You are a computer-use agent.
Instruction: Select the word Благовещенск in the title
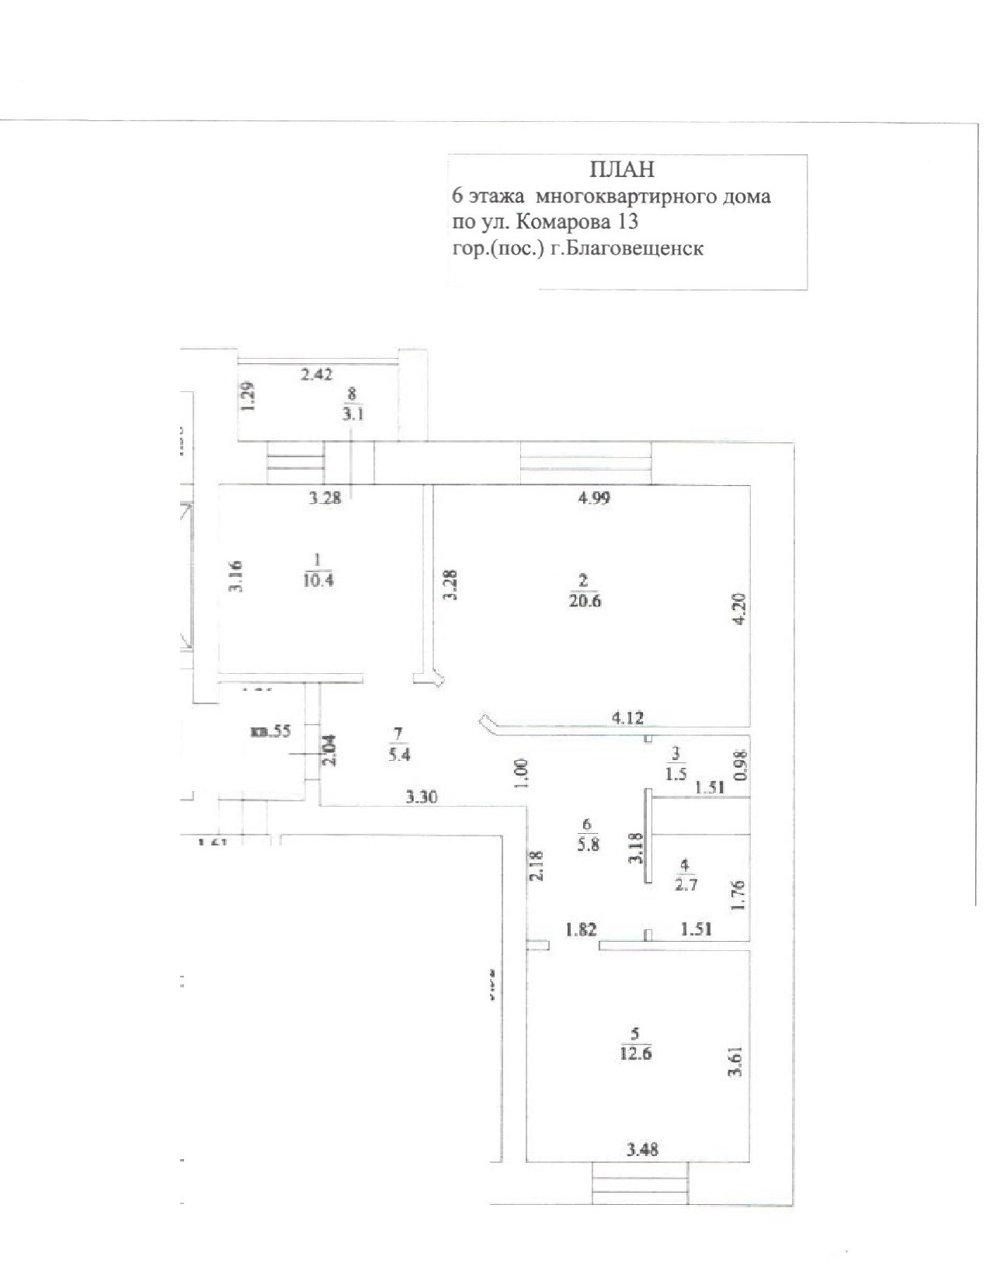coord(636,248)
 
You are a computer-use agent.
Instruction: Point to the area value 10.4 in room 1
coord(318,580)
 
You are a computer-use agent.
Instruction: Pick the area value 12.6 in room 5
coord(636,1054)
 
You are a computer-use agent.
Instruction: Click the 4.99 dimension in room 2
coord(594,498)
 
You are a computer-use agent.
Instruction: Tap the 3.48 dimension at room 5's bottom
coord(643,1150)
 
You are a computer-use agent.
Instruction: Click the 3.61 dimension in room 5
coord(736,1061)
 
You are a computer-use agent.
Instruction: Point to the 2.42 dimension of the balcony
coord(317,374)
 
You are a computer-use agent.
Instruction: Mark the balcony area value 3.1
coord(354,415)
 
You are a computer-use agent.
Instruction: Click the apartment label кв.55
coord(270,731)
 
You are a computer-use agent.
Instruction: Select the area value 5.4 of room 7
coord(399,755)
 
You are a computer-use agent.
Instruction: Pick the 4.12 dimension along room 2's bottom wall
coord(628,717)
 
